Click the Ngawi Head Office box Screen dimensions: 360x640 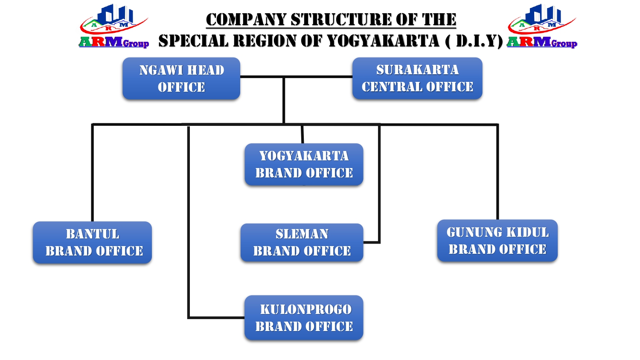[181, 78]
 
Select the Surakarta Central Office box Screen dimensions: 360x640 [417, 78]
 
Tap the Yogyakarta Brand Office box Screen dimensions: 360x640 [304, 165]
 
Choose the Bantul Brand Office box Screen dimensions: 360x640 [92, 242]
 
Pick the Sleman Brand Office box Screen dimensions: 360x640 [302, 242]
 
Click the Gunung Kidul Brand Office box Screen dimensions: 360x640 [497, 241]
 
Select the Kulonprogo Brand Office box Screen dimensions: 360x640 [304, 318]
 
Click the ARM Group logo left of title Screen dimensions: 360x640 [114, 26]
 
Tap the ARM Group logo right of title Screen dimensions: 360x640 [542, 26]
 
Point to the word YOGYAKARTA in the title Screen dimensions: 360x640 [383, 41]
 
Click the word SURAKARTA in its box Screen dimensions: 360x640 [417, 70]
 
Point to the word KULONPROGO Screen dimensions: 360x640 [305, 309]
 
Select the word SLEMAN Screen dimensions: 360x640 [302, 234]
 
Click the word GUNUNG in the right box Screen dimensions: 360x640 [474, 232]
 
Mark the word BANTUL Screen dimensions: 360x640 [92, 234]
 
